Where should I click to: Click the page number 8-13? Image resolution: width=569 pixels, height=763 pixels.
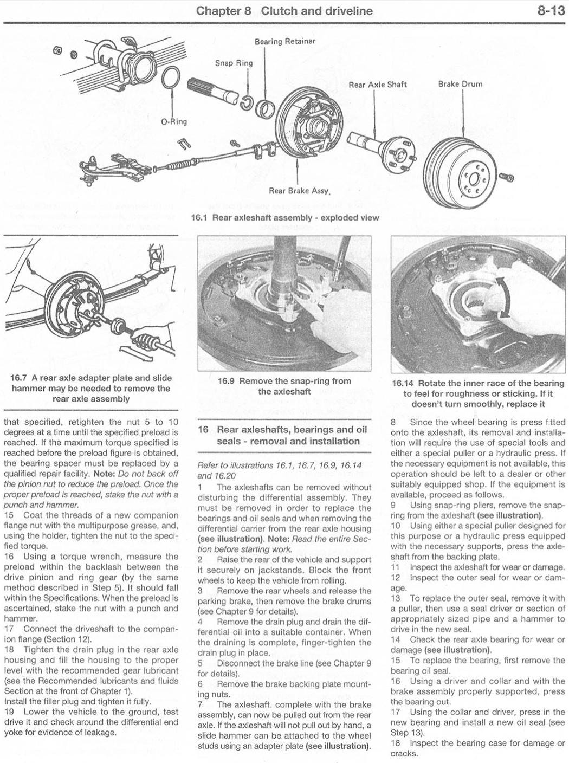[551, 11]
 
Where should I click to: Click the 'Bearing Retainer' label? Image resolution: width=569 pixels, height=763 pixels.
[284, 41]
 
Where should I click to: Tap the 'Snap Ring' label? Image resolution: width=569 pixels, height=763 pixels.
[234, 63]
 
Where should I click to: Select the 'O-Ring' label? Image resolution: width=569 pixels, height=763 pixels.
[174, 121]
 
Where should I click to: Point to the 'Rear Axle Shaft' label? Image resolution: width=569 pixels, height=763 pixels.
[377, 85]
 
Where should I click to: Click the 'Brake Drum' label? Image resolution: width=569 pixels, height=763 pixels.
[460, 84]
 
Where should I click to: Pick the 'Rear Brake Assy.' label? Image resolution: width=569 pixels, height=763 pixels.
[300, 191]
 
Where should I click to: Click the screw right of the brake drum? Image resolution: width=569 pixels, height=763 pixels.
[507, 177]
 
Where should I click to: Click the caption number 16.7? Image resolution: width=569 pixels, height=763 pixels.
[20, 378]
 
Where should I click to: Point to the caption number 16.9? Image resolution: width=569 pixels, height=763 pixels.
[226, 381]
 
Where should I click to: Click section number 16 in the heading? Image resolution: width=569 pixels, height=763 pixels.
[203, 430]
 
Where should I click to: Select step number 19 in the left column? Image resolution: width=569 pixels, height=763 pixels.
[9, 712]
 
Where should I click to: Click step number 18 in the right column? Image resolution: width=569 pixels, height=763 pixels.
[396, 743]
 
